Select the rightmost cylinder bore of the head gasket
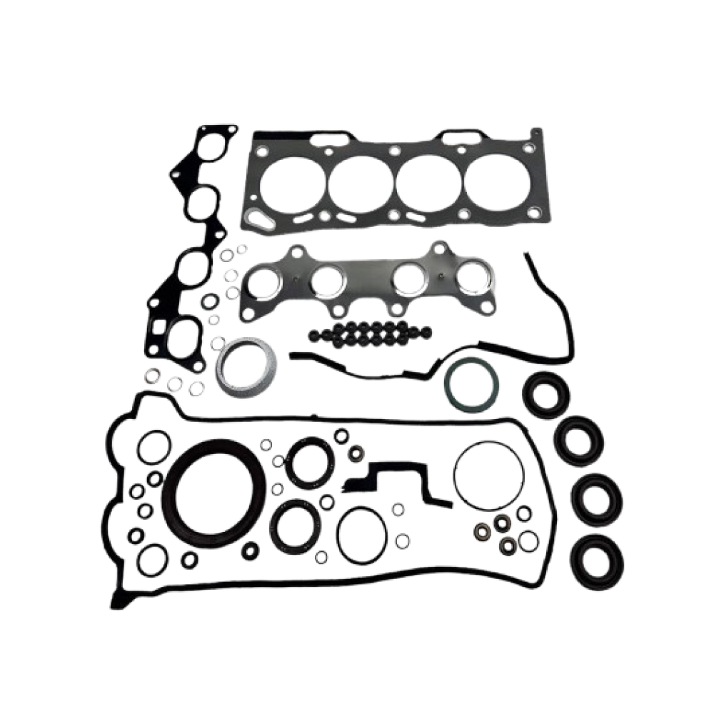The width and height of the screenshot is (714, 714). (x=493, y=181)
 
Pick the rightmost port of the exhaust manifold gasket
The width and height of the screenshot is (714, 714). (x=472, y=277)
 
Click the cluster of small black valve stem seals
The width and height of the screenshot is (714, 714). (x=368, y=331)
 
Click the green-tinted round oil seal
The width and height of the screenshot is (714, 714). (x=465, y=383)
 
